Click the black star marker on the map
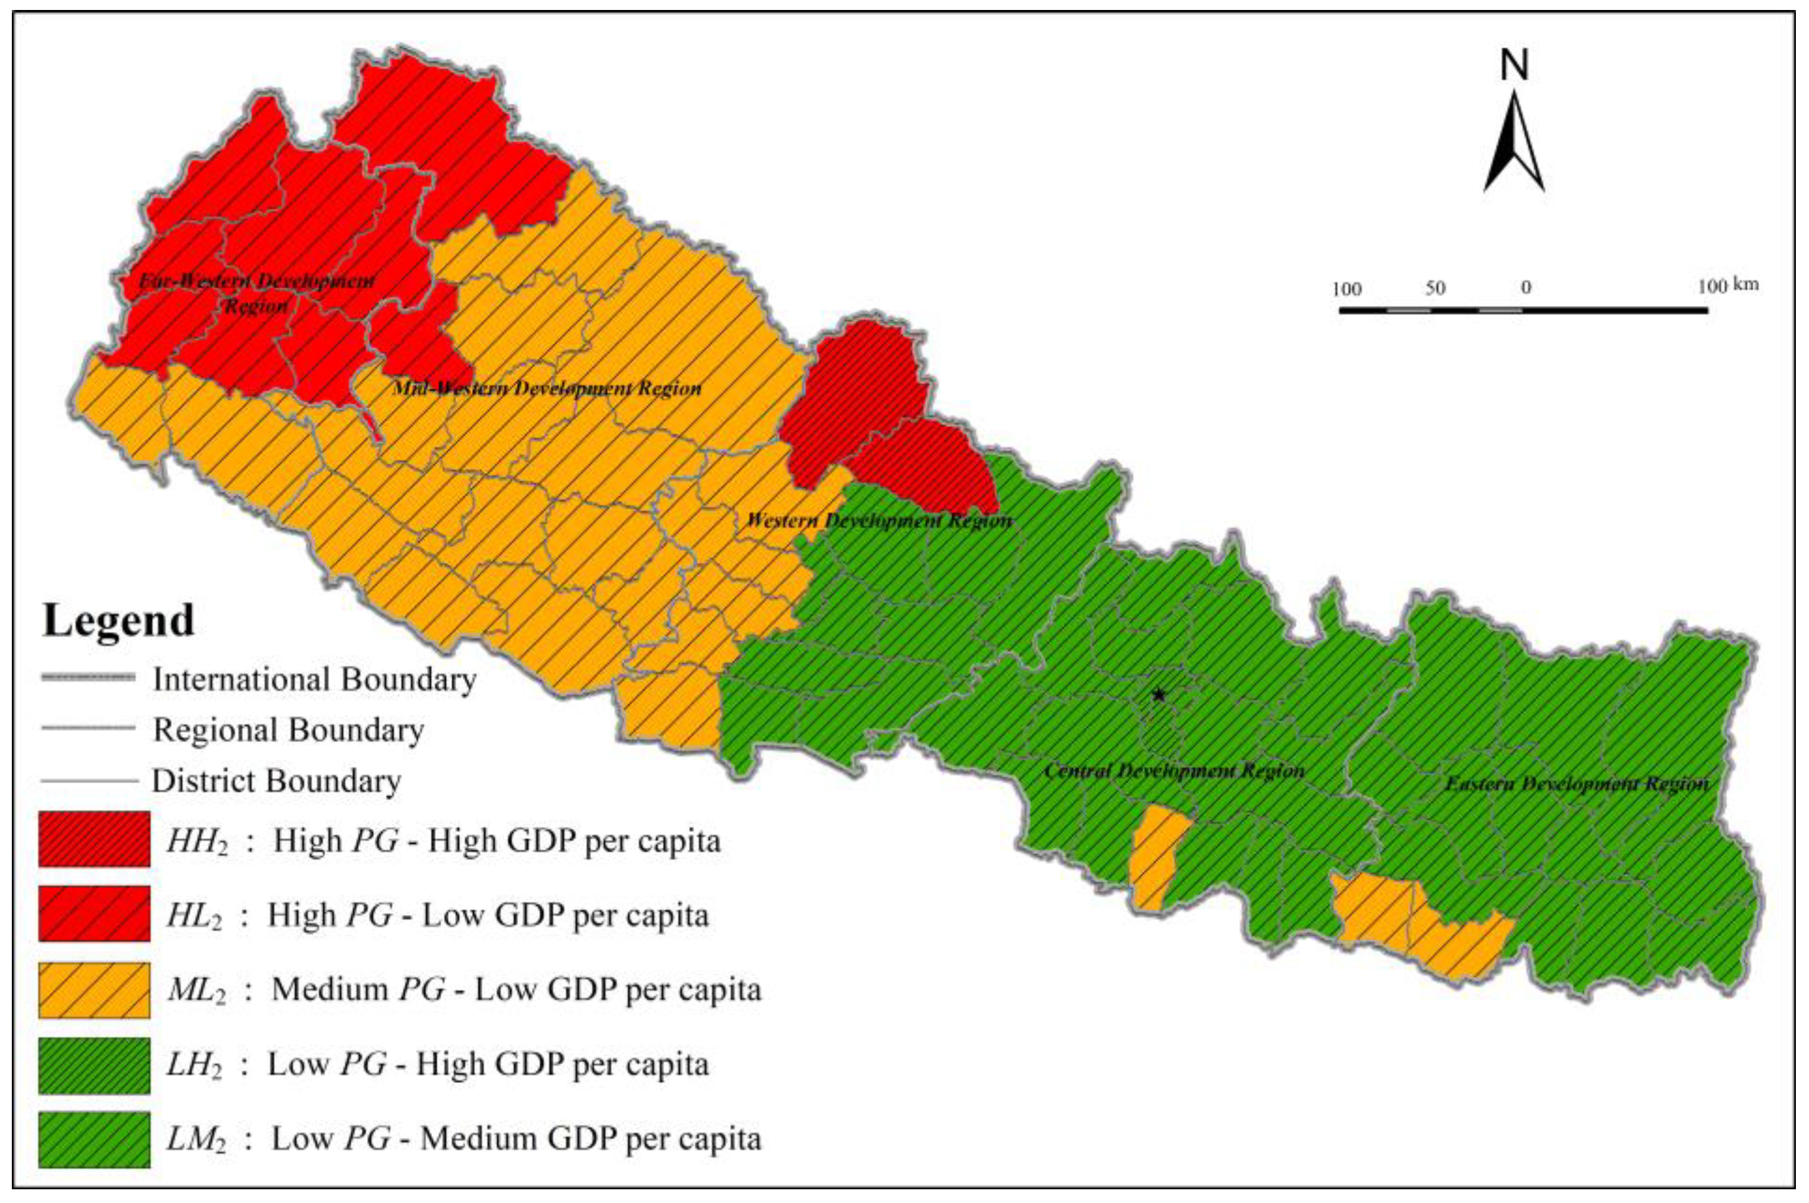coord(1158,695)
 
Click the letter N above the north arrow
coord(1514,65)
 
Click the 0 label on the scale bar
coord(1526,289)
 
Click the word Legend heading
coord(119,621)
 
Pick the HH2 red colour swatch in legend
coord(94,839)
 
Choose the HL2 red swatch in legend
coord(94,913)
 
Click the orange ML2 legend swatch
coord(94,990)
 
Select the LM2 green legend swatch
coord(94,1139)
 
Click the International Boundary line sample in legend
coord(87,677)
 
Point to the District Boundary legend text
coord(277,781)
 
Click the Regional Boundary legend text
coord(289,730)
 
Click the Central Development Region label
coord(1174,770)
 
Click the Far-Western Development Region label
coord(256,293)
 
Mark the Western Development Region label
coord(879,521)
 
